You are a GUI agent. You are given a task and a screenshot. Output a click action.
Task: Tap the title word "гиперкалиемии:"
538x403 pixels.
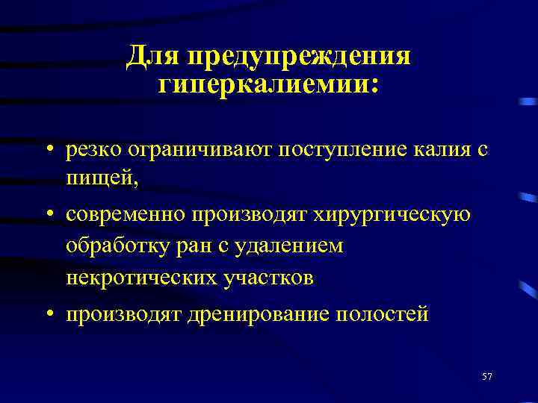click(x=268, y=84)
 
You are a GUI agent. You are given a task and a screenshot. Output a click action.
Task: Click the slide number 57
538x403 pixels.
click(x=487, y=376)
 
